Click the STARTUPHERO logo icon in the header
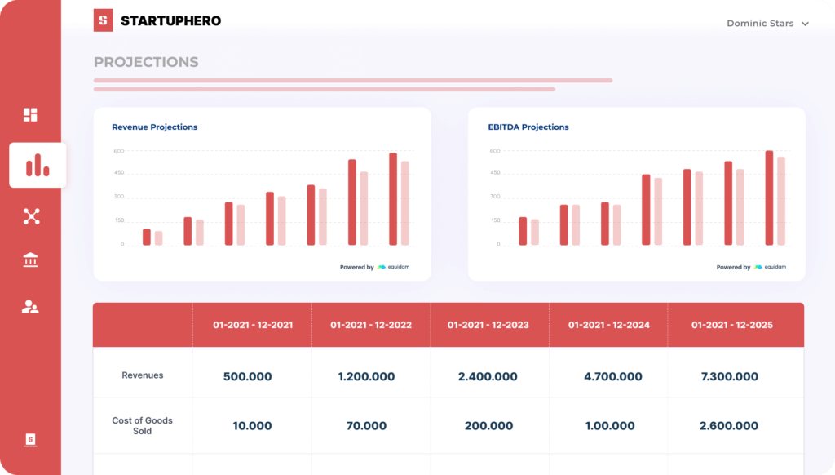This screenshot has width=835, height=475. [103, 21]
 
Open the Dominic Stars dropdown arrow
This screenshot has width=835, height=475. [806, 24]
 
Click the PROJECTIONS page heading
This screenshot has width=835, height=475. [146, 62]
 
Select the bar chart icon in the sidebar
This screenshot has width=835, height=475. [38, 166]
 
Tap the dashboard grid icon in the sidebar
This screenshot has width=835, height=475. [30, 114]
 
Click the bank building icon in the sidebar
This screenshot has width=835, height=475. [31, 260]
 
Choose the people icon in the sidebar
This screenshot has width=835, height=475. [30, 307]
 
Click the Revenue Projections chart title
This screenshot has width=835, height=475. [154, 127]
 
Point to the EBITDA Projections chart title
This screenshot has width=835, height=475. [528, 127]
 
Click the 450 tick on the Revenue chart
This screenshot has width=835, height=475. [119, 173]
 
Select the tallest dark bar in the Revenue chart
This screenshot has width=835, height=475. [393, 199]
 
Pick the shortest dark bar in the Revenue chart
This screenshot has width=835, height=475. [147, 237]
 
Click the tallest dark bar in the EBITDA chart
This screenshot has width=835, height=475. [769, 198]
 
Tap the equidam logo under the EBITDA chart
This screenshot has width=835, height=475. [771, 267]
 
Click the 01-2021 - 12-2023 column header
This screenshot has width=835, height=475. [488, 325]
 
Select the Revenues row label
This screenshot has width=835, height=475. [143, 375]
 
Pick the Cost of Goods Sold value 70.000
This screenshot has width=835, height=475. [366, 426]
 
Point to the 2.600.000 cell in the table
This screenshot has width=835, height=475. [728, 426]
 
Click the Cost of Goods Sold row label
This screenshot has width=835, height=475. [143, 425]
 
